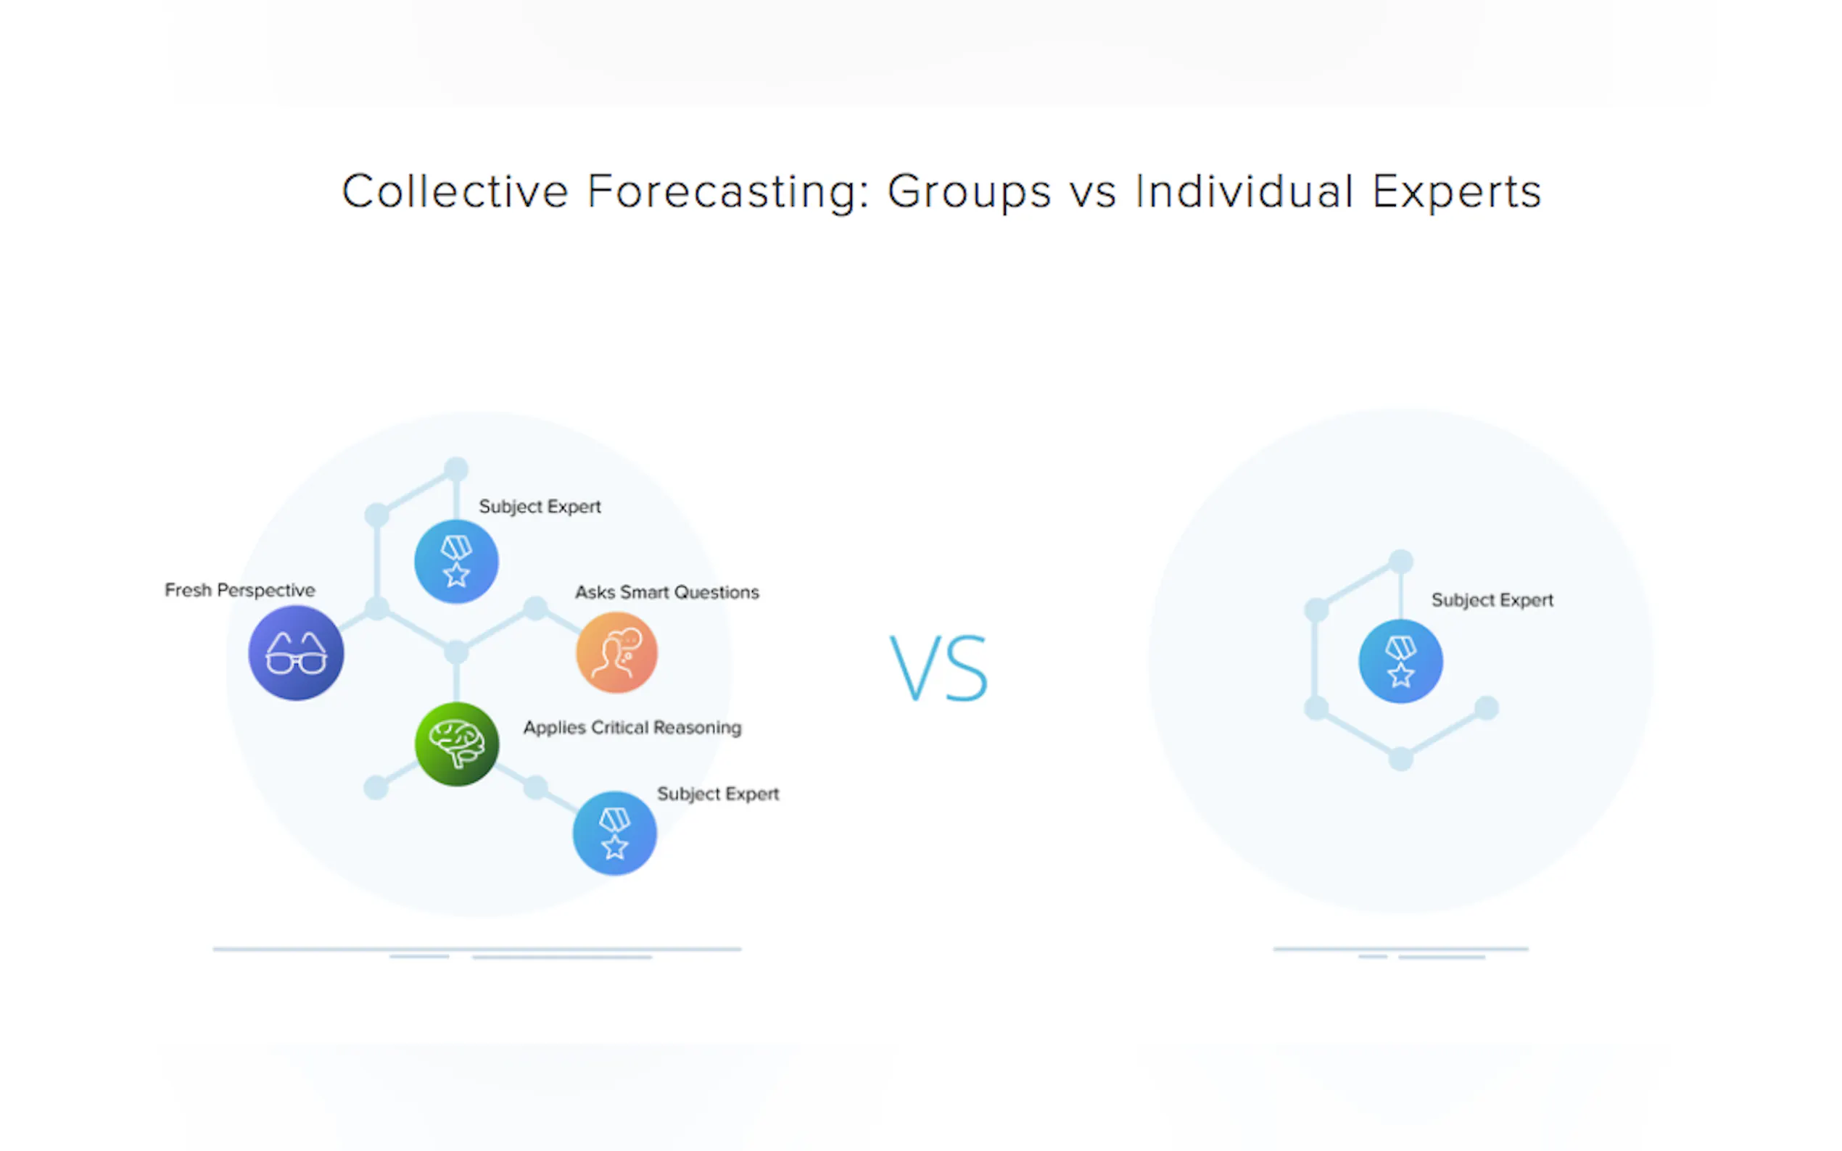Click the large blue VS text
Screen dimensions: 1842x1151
939,668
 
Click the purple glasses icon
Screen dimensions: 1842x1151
296,652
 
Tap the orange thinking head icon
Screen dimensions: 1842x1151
617,652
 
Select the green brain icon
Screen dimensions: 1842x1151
457,744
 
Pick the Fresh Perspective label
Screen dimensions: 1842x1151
240,591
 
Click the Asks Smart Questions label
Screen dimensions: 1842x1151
667,592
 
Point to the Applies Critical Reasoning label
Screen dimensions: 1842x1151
632,728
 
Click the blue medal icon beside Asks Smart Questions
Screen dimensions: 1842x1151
456,562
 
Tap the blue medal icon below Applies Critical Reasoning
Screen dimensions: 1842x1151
614,833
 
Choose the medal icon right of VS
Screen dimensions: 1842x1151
1400,661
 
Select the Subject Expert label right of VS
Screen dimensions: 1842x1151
1492,601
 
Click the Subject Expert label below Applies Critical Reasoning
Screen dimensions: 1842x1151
718,794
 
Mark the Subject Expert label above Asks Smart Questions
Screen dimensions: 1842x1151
540,507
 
